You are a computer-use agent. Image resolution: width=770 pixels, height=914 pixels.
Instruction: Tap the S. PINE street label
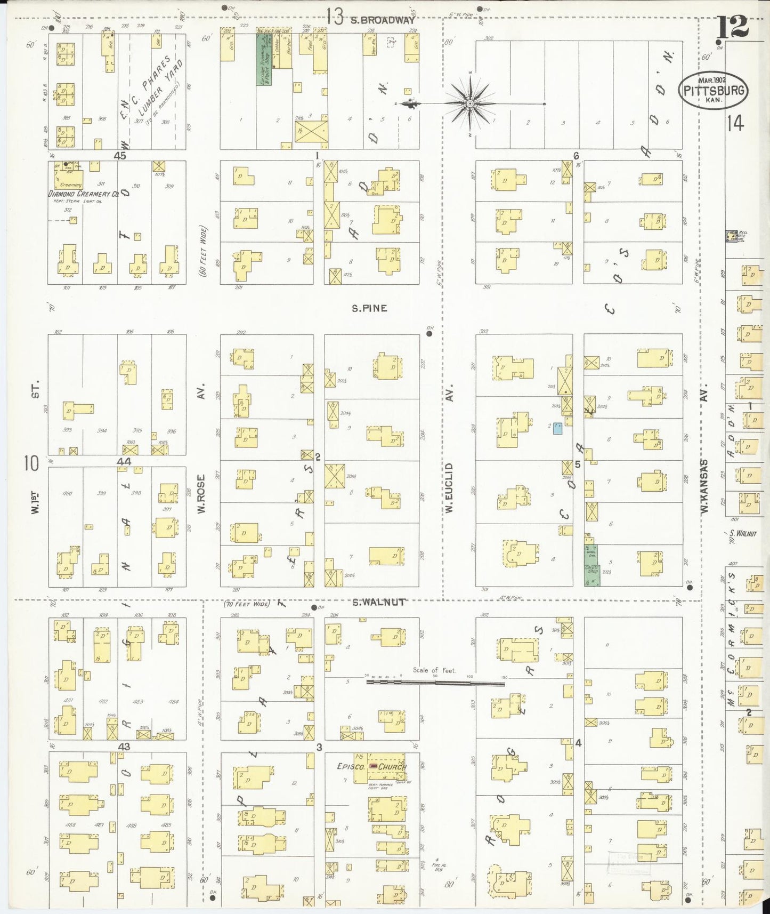(x=369, y=308)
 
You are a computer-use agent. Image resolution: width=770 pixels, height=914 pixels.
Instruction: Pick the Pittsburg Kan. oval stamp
(x=712, y=90)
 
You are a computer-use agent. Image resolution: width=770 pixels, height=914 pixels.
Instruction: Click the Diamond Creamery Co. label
(x=83, y=194)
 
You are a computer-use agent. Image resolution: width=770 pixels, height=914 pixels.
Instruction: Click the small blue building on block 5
(x=557, y=428)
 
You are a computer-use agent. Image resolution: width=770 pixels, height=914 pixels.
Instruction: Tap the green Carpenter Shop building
(x=591, y=566)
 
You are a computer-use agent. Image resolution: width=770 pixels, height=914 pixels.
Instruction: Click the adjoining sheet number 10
(x=31, y=463)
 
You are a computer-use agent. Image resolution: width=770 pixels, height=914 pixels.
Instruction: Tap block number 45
(x=119, y=156)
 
